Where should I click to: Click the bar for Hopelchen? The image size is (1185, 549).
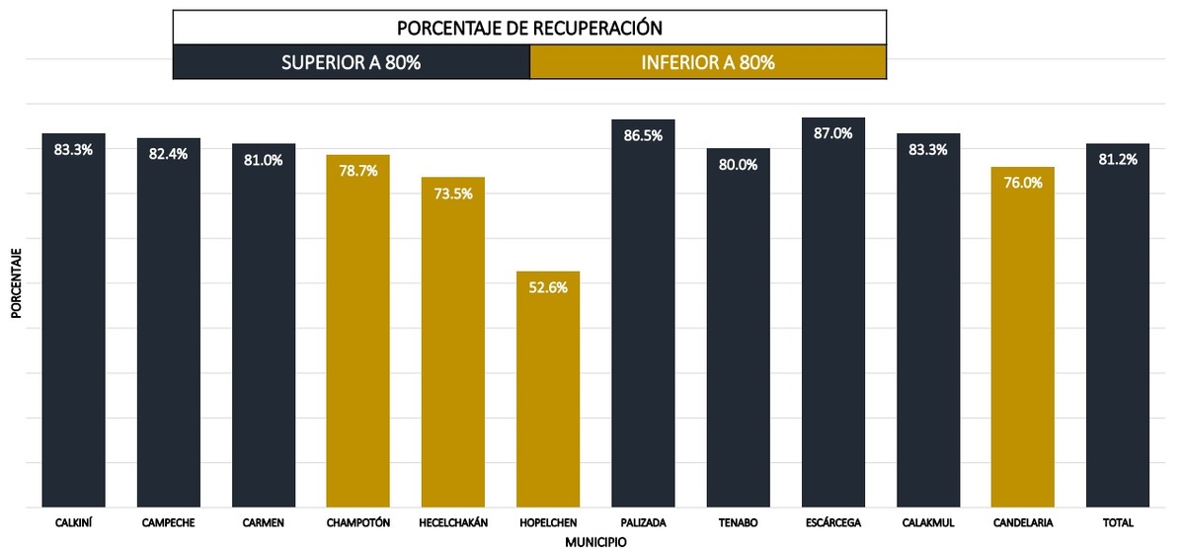pyautogui.click(x=548, y=390)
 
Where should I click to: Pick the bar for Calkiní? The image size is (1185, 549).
pyautogui.click(x=74, y=320)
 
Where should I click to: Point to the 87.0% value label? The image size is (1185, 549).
pyautogui.click(x=832, y=133)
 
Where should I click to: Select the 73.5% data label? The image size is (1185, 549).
pyautogui.click(x=453, y=194)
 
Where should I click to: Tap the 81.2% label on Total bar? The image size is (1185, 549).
pyautogui.click(x=1117, y=159)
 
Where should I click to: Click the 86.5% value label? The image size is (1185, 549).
pyautogui.click(x=643, y=135)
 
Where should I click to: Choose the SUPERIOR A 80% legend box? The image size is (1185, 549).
pyautogui.click(x=352, y=63)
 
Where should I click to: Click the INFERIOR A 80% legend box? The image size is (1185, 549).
pyautogui.click(x=708, y=63)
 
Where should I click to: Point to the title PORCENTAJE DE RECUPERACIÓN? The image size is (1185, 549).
pyautogui.click(x=529, y=27)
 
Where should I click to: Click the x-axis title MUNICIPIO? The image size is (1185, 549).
pyautogui.click(x=595, y=542)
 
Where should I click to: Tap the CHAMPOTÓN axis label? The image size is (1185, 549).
pyautogui.click(x=357, y=522)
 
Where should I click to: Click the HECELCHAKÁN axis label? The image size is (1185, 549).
pyautogui.click(x=453, y=522)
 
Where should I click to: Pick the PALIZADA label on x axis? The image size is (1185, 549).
pyautogui.click(x=643, y=522)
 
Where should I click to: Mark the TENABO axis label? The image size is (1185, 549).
pyautogui.click(x=738, y=522)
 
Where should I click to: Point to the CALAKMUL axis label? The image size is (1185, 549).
pyautogui.click(x=927, y=522)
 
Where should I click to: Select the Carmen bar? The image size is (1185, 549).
pyautogui.click(x=264, y=325)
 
